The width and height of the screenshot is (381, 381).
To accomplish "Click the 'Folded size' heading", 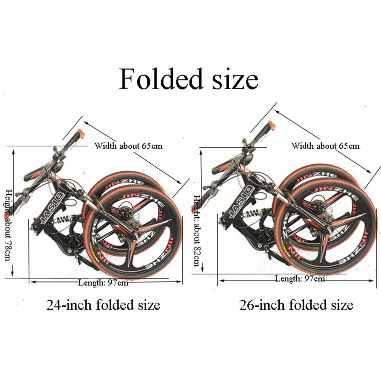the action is [x=189, y=79].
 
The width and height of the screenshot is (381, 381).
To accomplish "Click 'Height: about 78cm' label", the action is [x=8, y=225].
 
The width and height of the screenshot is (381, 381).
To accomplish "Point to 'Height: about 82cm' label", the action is [x=197, y=231].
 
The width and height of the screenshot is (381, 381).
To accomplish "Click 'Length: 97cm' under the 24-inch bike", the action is [x=104, y=283].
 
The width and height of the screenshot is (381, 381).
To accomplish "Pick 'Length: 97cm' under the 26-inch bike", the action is [x=300, y=278].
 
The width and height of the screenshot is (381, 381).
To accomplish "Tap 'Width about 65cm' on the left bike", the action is [x=128, y=146].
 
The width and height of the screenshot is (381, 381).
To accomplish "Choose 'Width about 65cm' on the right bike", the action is [x=325, y=146].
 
